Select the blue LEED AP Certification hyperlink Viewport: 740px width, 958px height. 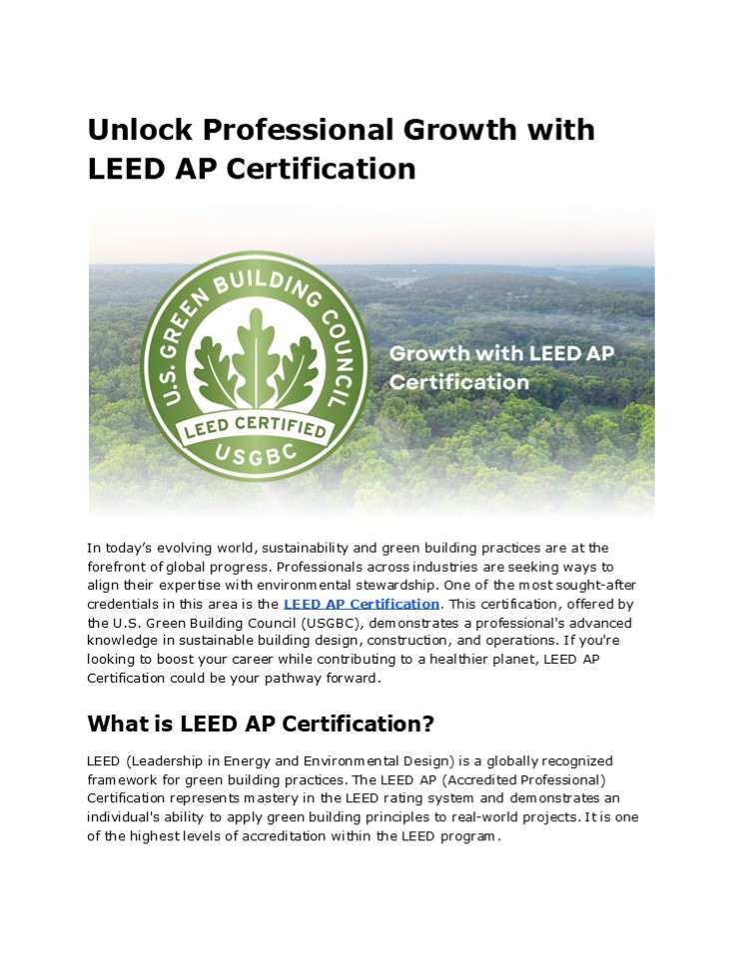(x=361, y=604)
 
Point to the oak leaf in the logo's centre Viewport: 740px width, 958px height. (x=256, y=354)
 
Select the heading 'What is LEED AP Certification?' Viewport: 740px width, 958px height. (x=260, y=722)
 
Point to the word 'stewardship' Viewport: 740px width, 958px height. (x=404, y=585)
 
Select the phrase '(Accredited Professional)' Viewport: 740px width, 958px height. (x=526, y=779)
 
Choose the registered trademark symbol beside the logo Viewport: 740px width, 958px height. (x=346, y=452)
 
